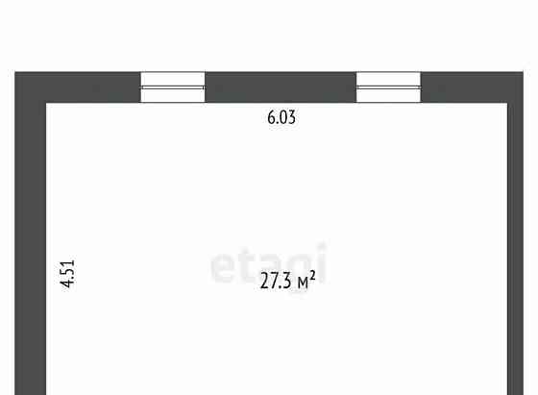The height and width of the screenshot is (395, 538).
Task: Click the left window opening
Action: (x=173, y=87)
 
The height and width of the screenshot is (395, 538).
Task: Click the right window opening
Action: (x=388, y=87)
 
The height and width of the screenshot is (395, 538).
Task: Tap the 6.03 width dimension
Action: (x=281, y=117)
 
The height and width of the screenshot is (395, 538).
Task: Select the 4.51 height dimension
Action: (x=67, y=274)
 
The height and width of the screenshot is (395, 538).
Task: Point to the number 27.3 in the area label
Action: (x=276, y=281)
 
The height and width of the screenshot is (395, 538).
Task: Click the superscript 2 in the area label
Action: (x=312, y=275)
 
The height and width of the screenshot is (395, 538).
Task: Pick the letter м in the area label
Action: (x=303, y=284)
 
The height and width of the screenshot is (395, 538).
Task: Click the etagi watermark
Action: (x=268, y=263)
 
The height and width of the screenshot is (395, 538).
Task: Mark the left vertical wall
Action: (x=31, y=234)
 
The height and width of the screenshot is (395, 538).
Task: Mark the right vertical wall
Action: (x=515, y=234)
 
